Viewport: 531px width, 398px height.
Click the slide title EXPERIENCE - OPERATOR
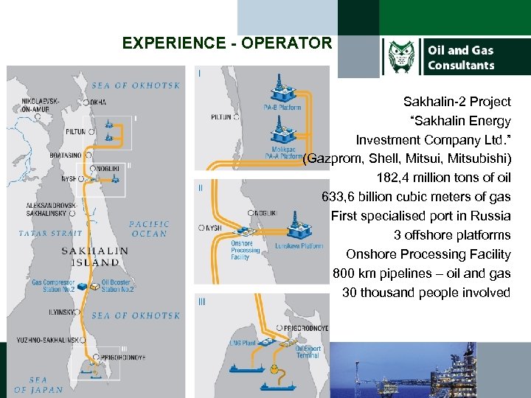click(x=227, y=43)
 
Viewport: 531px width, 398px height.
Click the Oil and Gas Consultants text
click(x=461, y=57)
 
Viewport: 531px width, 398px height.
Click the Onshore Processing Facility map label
click(x=246, y=251)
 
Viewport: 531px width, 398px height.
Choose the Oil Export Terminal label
click(x=308, y=352)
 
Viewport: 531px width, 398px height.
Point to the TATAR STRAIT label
click(x=52, y=234)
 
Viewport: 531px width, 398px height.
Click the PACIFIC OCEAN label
click(x=150, y=228)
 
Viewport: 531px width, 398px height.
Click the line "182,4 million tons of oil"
click(x=443, y=178)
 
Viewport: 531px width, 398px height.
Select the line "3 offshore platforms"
click(x=451, y=235)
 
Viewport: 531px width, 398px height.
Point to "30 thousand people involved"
click(x=426, y=293)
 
